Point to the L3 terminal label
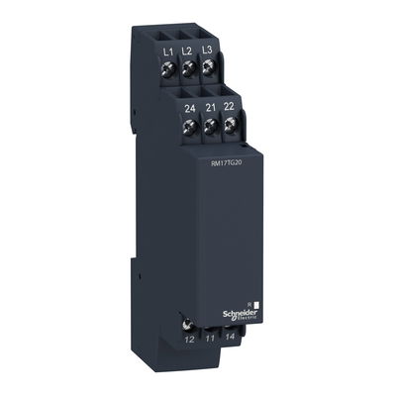(207, 49)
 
